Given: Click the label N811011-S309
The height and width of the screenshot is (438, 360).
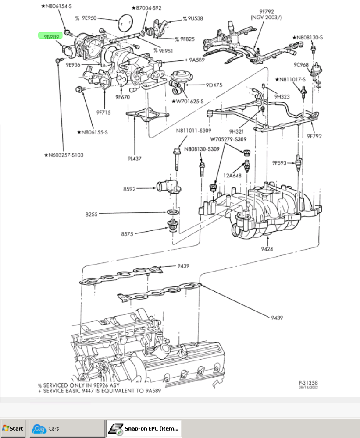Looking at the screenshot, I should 194,131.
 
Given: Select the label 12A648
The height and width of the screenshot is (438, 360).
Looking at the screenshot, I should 231,176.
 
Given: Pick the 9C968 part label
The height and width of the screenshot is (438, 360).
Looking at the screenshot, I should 302,64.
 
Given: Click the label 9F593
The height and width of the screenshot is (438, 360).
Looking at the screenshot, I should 279,163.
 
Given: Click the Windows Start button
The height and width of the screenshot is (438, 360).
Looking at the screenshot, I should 13,428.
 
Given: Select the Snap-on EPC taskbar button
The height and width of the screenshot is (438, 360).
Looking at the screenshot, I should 144,428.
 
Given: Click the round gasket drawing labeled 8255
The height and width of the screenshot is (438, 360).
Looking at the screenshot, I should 173,213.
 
